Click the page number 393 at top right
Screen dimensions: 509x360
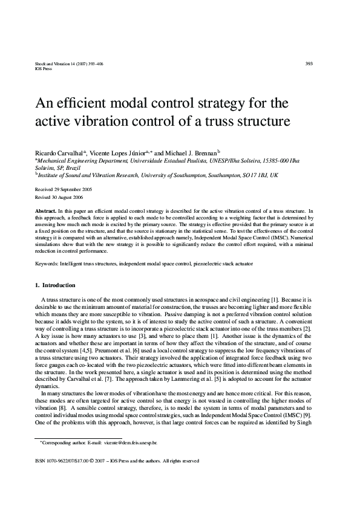[309, 63]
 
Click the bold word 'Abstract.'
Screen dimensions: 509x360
[47, 209]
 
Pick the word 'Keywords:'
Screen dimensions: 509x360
[47, 265]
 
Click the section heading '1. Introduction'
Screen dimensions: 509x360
[55, 285]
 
